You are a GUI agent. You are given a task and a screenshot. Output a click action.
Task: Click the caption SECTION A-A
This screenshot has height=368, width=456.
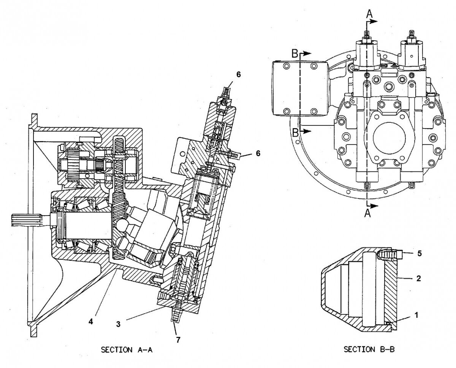124,350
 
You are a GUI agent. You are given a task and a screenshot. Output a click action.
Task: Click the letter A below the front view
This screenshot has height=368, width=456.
367,214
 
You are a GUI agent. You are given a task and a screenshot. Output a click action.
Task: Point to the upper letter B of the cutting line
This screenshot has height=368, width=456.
295,54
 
